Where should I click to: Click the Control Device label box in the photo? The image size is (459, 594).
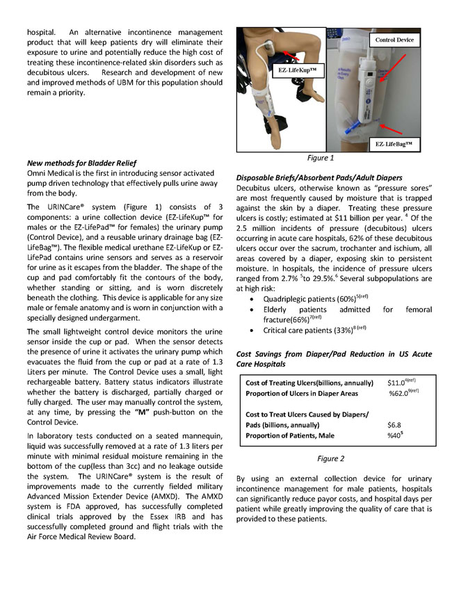pos(394,40)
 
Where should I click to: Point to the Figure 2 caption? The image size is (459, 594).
pos(331,458)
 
